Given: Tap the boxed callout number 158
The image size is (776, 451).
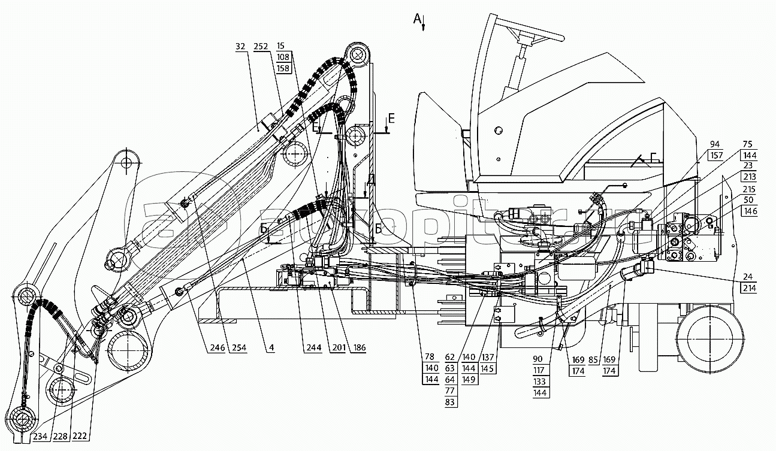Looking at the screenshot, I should click(x=283, y=69).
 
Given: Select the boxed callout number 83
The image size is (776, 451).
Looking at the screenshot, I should click(x=449, y=402).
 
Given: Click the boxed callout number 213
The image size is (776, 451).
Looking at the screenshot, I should click(x=750, y=177).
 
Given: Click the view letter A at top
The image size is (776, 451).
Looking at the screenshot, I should click(x=418, y=19).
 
